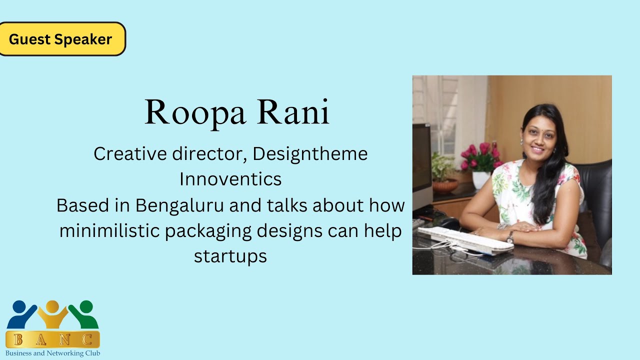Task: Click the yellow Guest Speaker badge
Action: click(x=60, y=39)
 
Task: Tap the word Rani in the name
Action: click(x=293, y=113)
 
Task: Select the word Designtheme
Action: click(x=310, y=154)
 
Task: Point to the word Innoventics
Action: click(x=230, y=179)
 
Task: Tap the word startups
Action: click(x=230, y=256)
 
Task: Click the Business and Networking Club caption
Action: click(x=53, y=353)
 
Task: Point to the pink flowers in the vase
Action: click(x=480, y=155)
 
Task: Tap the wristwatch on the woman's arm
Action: click(x=510, y=237)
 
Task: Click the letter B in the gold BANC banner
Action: click(x=18, y=340)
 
